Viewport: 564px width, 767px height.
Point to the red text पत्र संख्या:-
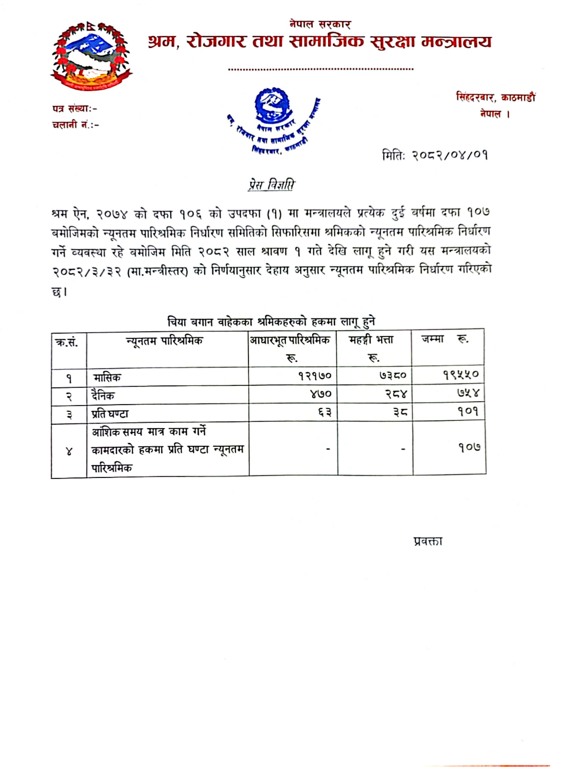click(x=74, y=109)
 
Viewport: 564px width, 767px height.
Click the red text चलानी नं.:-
click(x=75, y=125)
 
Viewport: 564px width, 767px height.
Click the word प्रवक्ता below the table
click(x=428, y=542)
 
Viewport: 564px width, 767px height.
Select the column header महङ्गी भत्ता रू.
click(x=371, y=348)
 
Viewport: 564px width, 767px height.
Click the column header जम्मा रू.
click(x=445, y=339)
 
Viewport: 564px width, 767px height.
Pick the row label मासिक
click(x=107, y=378)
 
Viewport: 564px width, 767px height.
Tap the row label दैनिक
click(x=103, y=396)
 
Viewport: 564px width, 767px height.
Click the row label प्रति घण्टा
click(x=110, y=414)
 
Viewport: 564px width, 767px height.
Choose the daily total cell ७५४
click(x=468, y=394)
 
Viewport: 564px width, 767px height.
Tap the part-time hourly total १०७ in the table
click(x=469, y=447)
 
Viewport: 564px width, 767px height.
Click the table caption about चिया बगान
click(x=271, y=322)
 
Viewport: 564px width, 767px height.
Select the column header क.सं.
click(x=67, y=342)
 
